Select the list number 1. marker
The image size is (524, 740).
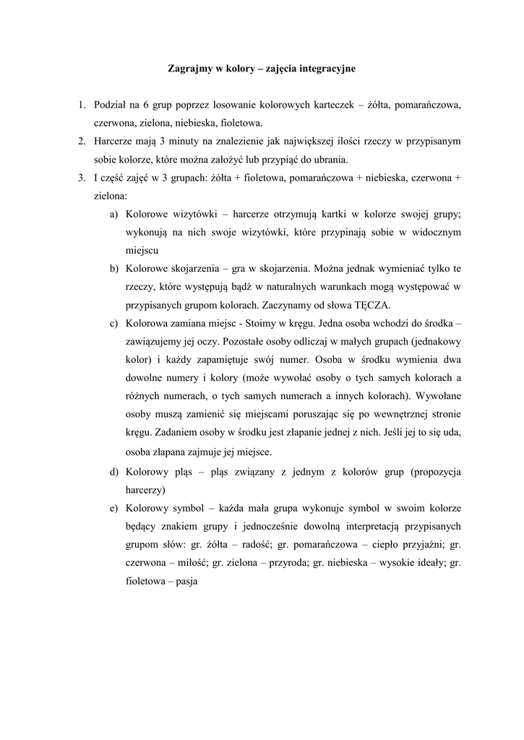coord(82,106)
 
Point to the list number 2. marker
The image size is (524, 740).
coord(82,140)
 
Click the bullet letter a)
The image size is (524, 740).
coord(114,215)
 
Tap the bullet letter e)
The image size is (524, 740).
coord(114,508)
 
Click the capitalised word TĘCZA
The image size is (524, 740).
coord(372,305)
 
